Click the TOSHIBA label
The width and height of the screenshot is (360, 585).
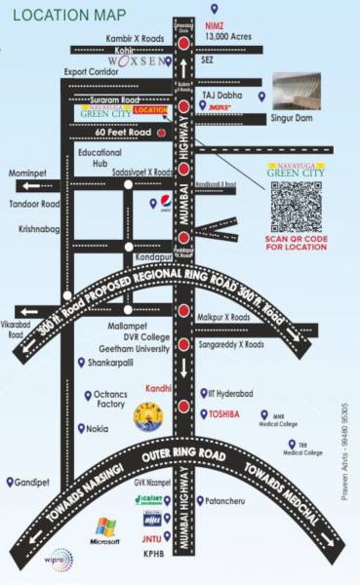[226, 413]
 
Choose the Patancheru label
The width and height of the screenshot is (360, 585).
[228, 501]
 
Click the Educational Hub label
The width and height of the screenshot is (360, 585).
[100, 158]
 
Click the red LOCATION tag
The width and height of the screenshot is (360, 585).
[152, 110]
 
